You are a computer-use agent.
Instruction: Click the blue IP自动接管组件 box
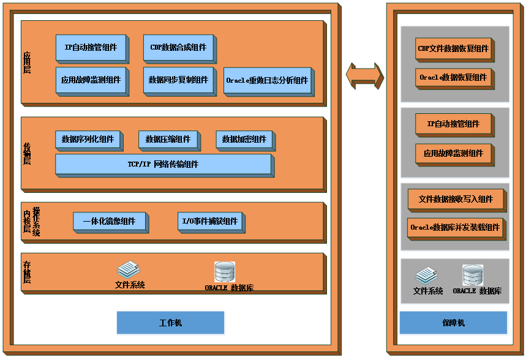tap(91, 48)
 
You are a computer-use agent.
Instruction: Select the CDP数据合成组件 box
tap(178, 48)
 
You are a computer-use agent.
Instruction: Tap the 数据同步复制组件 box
tap(178, 80)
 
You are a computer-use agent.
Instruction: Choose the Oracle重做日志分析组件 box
tap(267, 81)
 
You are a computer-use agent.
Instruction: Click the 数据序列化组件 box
tap(88, 140)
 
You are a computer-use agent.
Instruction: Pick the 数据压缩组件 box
tap(168, 140)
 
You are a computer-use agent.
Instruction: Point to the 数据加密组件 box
tap(244, 140)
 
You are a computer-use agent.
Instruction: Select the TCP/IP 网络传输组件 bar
tap(163, 165)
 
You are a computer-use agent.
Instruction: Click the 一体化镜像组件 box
tap(109, 222)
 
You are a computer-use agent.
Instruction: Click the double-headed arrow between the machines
tap(364, 76)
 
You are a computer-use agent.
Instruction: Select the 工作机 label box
tap(170, 323)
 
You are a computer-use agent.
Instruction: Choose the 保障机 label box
tap(453, 323)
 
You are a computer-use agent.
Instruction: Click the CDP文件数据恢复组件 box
tap(453, 49)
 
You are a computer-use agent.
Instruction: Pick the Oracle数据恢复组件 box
tap(453, 78)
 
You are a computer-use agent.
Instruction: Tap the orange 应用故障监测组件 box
tap(453, 154)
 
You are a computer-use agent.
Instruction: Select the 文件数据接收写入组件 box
tap(455, 200)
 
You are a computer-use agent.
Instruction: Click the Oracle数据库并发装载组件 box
tap(455, 228)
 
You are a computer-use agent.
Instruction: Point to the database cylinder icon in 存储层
tap(224, 272)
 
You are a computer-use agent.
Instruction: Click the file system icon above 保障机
tap(426, 276)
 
